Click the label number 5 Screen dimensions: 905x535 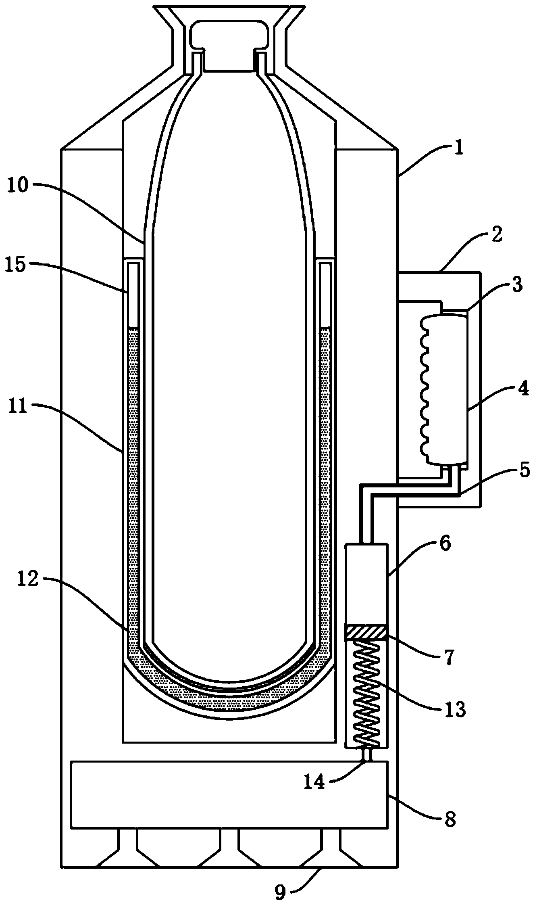523,470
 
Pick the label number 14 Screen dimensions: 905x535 314,782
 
